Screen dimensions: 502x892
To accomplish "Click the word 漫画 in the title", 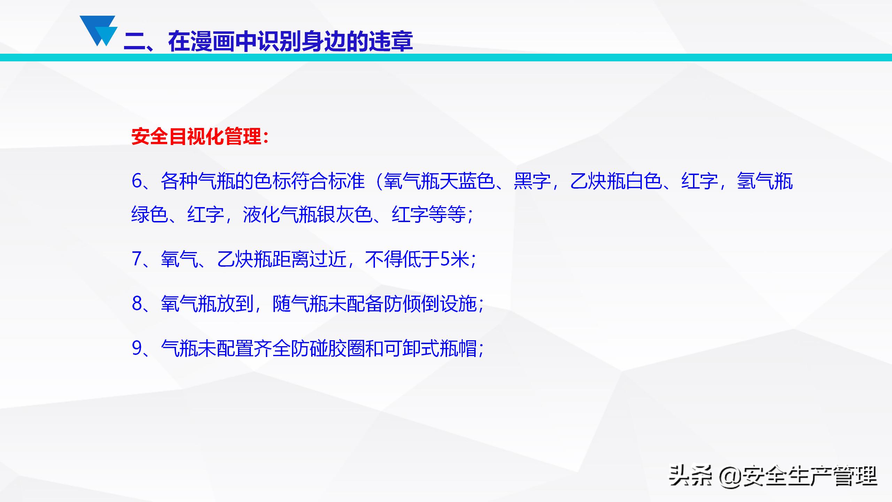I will click(213, 41).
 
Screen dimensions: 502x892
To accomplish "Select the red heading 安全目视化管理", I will click(197, 136).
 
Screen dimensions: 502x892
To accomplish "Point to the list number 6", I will click(137, 181).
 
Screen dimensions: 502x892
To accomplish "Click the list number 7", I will click(137, 259).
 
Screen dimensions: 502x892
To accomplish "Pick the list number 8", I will click(137, 304).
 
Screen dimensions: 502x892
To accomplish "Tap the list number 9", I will click(137, 348).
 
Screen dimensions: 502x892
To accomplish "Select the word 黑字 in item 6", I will click(532, 181).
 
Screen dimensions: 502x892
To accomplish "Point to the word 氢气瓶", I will click(765, 181).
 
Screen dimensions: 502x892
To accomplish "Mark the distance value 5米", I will click(455, 259).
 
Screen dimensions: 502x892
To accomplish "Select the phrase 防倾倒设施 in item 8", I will click(430, 304).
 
